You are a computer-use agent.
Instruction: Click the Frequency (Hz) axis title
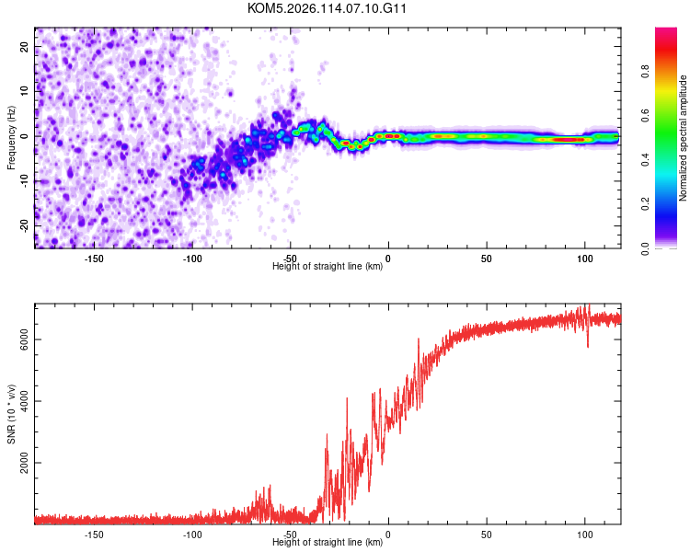(x=11, y=138)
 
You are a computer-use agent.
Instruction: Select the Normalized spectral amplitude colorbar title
(x=684, y=138)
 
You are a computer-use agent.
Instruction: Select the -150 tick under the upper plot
(x=94, y=259)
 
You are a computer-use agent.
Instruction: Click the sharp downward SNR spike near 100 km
(x=588, y=346)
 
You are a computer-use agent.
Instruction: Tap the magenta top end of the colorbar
(x=666, y=31)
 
